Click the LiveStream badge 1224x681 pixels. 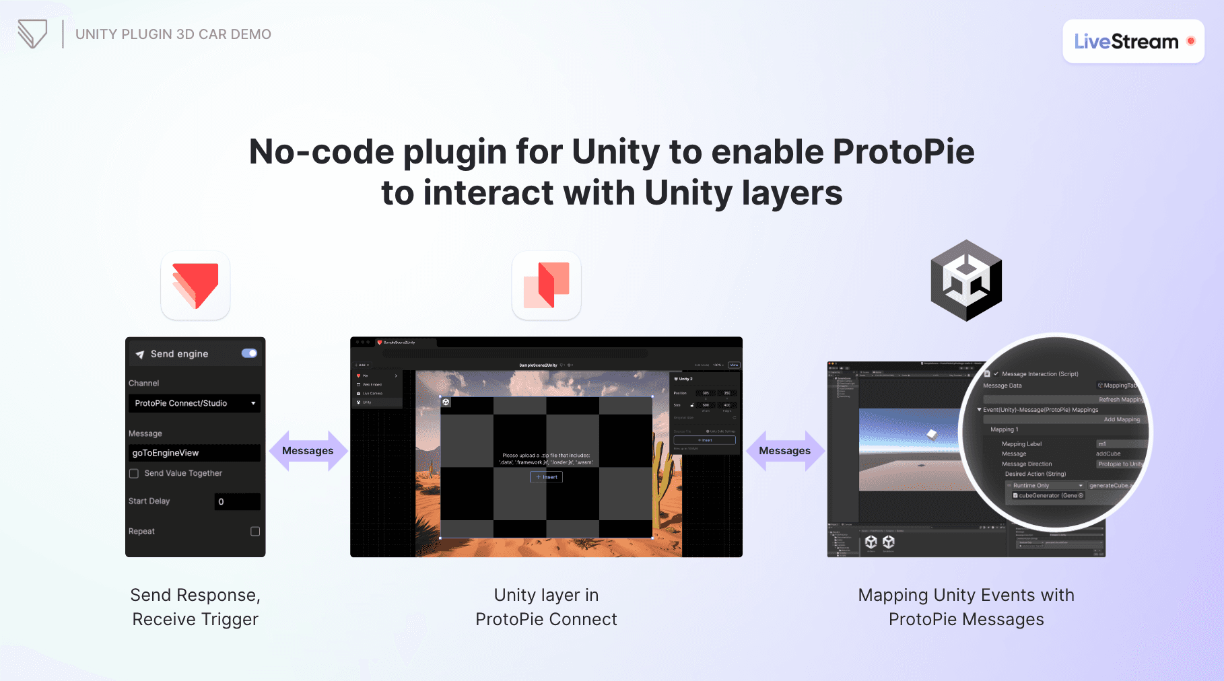1132,42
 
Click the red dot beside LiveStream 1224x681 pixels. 1190,41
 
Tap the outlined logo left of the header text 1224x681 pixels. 32,34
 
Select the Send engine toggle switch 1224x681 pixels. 249,353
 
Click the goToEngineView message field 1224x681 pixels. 194,453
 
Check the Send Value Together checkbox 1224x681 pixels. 134,474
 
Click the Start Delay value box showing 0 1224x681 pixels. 237,501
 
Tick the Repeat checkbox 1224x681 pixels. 255,532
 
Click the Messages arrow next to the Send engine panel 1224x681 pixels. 308,451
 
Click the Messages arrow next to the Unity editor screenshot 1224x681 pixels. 784,451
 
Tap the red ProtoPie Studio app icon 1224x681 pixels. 195,285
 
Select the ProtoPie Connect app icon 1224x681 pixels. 546,285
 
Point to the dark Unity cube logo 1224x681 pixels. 966,281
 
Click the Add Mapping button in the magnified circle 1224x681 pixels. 1122,419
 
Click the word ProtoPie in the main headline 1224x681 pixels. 904,152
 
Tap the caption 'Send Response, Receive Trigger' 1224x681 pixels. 195,607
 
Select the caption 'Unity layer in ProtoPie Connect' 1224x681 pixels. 546,607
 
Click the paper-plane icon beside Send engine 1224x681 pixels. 140,355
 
